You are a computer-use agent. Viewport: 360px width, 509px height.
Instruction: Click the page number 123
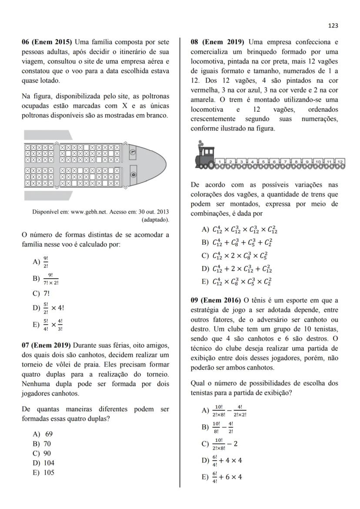coord(333,26)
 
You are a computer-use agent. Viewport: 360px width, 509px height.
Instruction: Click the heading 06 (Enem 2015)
coord(47,42)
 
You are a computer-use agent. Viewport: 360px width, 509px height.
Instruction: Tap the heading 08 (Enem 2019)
coord(217,42)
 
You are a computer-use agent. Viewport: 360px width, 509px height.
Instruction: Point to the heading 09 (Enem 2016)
coord(216,300)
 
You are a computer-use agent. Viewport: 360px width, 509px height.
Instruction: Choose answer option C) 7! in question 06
coord(41,293)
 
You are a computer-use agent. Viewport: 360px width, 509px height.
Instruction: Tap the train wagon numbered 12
coord(340,163)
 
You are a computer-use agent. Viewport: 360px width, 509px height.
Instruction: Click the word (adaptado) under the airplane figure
coord(156,220)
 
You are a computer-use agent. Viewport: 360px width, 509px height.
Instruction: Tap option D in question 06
coord(48,308)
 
